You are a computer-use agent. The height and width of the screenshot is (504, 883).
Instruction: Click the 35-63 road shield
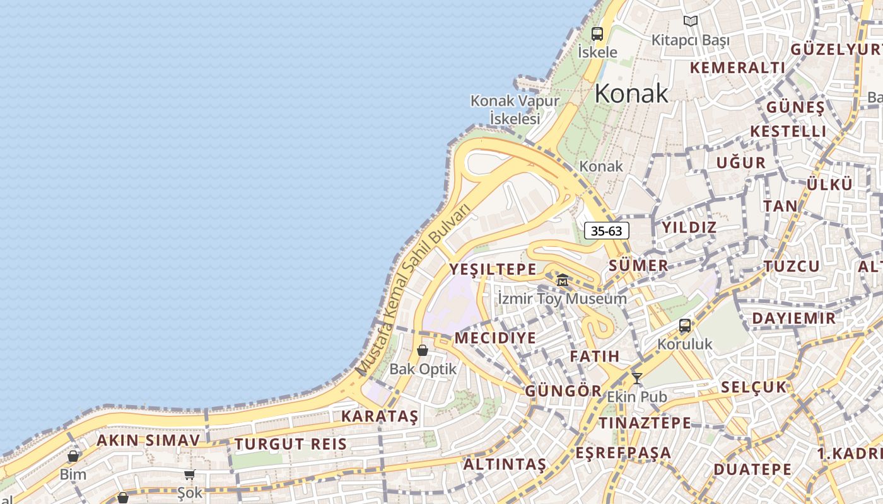pos(607,231)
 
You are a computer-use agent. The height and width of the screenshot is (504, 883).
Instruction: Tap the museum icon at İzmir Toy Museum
pos(563,280)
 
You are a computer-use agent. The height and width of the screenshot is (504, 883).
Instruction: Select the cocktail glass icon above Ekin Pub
pos(637,378)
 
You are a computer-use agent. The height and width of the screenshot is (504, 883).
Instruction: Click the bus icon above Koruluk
pos(685,326)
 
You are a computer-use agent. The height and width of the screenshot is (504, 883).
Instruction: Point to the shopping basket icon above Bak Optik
pos(423,350)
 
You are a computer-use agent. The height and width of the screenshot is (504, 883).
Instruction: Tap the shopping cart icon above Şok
pos(189,474)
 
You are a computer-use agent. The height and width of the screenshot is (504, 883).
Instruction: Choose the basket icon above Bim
pos(73,456)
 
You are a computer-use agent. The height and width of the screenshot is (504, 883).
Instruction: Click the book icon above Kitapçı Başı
pos(691,21)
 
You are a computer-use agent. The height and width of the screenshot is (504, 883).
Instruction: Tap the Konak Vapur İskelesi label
pos(515,109)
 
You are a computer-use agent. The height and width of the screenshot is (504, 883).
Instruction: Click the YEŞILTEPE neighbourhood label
pos(493,270)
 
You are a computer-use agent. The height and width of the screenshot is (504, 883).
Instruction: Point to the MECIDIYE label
pos(495,338)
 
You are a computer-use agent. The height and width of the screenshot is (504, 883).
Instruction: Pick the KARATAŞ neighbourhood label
pos(380,416)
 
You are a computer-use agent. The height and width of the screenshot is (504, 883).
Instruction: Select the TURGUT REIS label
pos(291,444)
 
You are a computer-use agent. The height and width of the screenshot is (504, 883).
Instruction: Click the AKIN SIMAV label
pos(148,440)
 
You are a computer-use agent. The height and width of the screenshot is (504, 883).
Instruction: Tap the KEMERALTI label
pos(737,68)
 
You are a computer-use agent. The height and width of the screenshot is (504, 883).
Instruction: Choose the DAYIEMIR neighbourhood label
pos(793,318)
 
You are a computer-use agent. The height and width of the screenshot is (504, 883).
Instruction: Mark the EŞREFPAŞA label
pos(623,453)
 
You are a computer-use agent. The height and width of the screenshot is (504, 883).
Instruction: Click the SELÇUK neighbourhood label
pos(754,387)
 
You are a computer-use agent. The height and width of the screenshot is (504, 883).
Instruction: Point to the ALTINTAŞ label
pos(505,465)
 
